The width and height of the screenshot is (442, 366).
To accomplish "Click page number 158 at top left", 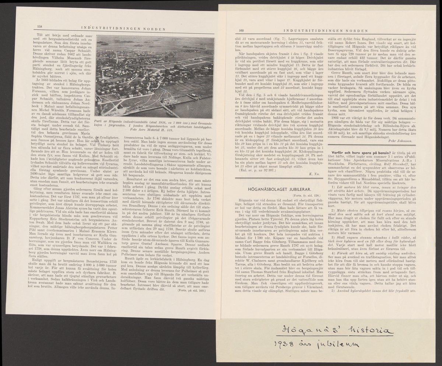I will pos(41,26).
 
